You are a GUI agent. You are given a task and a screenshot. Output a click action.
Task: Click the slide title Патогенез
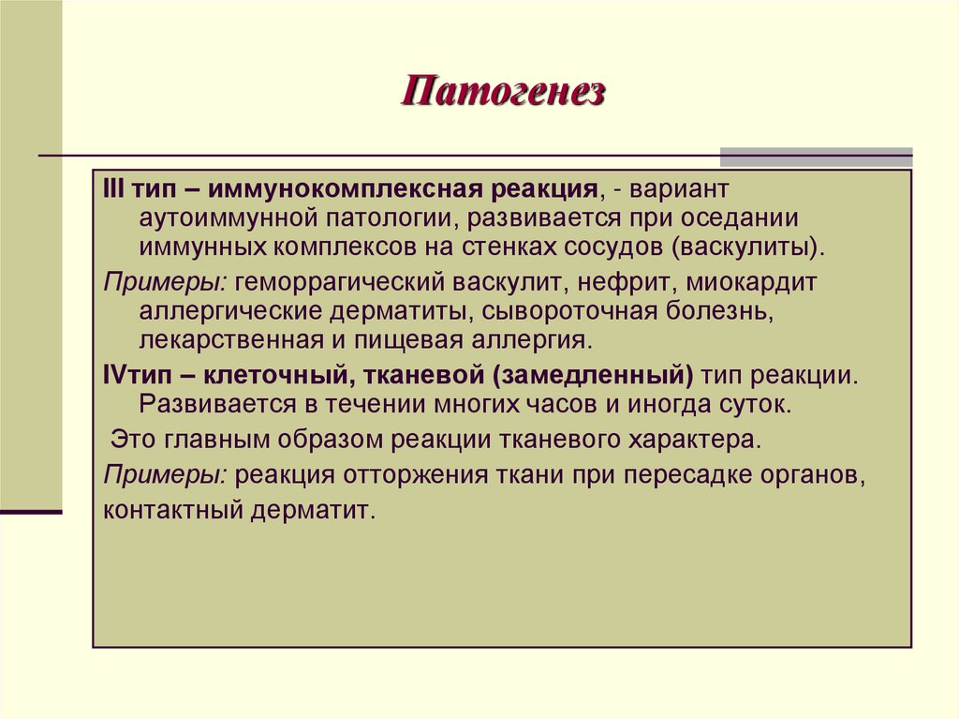(x=505, y=94)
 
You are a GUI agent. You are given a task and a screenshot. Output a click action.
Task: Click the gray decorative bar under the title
(x=816, y=157)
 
